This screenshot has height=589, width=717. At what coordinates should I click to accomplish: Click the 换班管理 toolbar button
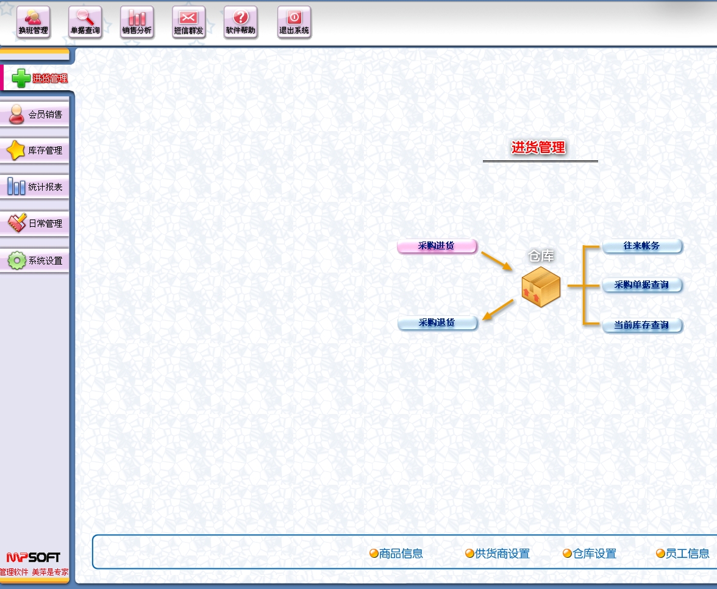(x=34, y=23)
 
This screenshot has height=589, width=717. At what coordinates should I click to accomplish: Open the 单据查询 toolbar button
(x=85, y=23)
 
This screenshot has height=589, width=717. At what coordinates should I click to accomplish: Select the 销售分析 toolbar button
(x=137, y=23)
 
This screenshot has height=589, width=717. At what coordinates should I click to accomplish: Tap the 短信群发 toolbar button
(x=189, y=23)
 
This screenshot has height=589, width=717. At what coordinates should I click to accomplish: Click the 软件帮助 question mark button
(x=241, y=23)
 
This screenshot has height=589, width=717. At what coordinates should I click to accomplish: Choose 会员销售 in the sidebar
(x=35, y=114)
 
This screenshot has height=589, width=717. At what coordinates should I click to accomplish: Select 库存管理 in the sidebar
(x=35, y=150)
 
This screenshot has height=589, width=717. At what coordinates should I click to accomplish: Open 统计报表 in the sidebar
(x=35, y=187)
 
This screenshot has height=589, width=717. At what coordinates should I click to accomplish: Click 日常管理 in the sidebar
(x=35, y=223)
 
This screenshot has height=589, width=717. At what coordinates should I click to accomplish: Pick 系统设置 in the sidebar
(x=35, y=260)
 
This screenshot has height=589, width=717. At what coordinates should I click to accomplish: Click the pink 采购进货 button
(x=437, y=246)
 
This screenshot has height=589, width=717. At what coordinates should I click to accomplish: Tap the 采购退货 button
(x=437, y=323)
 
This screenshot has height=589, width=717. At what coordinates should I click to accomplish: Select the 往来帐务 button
(x=642, y=246)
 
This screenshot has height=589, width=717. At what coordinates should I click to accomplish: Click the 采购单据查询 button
(x=642, y=285)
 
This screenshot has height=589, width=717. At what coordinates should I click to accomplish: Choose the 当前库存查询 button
(x=642, y=325)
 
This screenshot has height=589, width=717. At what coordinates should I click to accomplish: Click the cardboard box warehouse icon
(x=541, y=287)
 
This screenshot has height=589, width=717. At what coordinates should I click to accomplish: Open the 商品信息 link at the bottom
(x=396, y=554)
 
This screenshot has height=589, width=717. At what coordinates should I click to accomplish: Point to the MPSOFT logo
(x=34, y=557)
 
